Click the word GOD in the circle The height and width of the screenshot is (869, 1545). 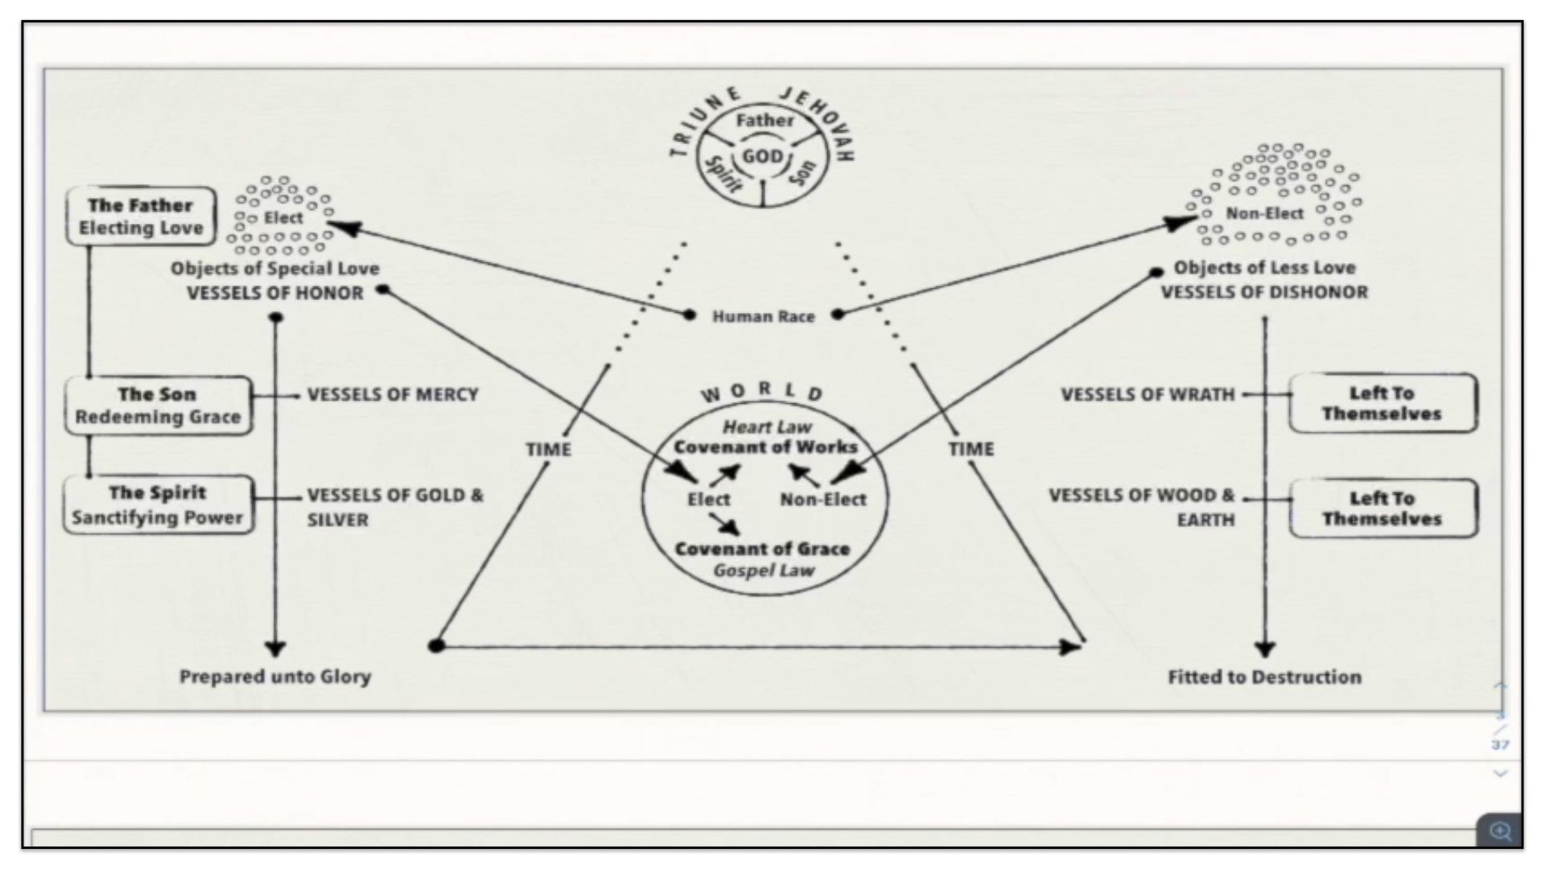coord(761,156)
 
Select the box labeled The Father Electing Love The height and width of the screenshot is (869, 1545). coord(141,216)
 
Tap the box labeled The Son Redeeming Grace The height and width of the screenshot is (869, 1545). coord(158,406)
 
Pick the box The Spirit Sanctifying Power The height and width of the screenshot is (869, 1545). coord(158,505)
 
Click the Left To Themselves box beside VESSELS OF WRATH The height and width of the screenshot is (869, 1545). coord(1382,403)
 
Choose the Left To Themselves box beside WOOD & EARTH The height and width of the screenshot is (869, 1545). coord(1382,509)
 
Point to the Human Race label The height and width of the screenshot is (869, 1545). coord(763,316)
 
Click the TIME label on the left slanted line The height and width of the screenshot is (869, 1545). coord(548,449)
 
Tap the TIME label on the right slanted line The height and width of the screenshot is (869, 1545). coord(970,449)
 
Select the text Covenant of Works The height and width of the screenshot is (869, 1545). coord(765,447)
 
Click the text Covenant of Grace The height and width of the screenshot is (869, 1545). coord(762,549)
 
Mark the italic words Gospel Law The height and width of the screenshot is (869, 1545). coord(764,570)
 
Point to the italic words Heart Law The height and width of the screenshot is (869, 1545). coord(767,426)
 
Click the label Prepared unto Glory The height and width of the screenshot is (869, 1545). coord(275,677)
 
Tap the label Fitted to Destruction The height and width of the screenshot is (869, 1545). coord(1264,677)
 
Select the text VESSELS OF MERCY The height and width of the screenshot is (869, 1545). coord(393,394)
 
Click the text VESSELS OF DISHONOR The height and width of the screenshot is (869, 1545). coord(1263,292)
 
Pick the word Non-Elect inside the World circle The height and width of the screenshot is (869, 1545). coord(823,500)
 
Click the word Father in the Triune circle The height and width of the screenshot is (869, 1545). coord(764,121)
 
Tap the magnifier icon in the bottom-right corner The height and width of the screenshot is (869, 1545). coord(1500,831)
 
